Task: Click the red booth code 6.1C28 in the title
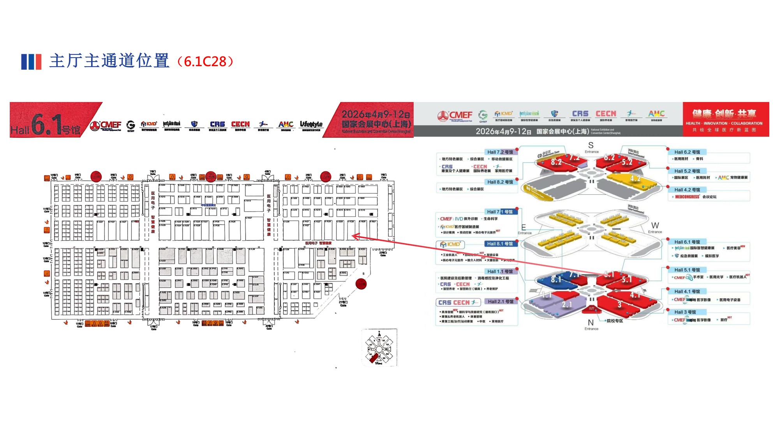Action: pos(205,62)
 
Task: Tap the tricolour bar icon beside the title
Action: pos(31,62)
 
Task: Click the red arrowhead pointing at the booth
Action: pos(354,236)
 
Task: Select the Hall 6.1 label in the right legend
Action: pos(687,242)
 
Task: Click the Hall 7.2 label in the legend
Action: pos(500,152)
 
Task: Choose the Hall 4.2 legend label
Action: pos(687,190)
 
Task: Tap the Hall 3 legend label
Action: pos(685,312)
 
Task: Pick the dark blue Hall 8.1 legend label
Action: pos(500,244)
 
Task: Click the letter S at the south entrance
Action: pos(591,145)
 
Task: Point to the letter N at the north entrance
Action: pos(591,322)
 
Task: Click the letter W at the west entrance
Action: pos(655,225)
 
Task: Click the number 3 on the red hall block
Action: pos(619,305)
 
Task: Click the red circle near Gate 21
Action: pos(361,284)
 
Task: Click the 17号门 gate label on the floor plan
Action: pos(153,327)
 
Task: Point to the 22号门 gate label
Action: pos(383,253)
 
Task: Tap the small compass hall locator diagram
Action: pos(379,347)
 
